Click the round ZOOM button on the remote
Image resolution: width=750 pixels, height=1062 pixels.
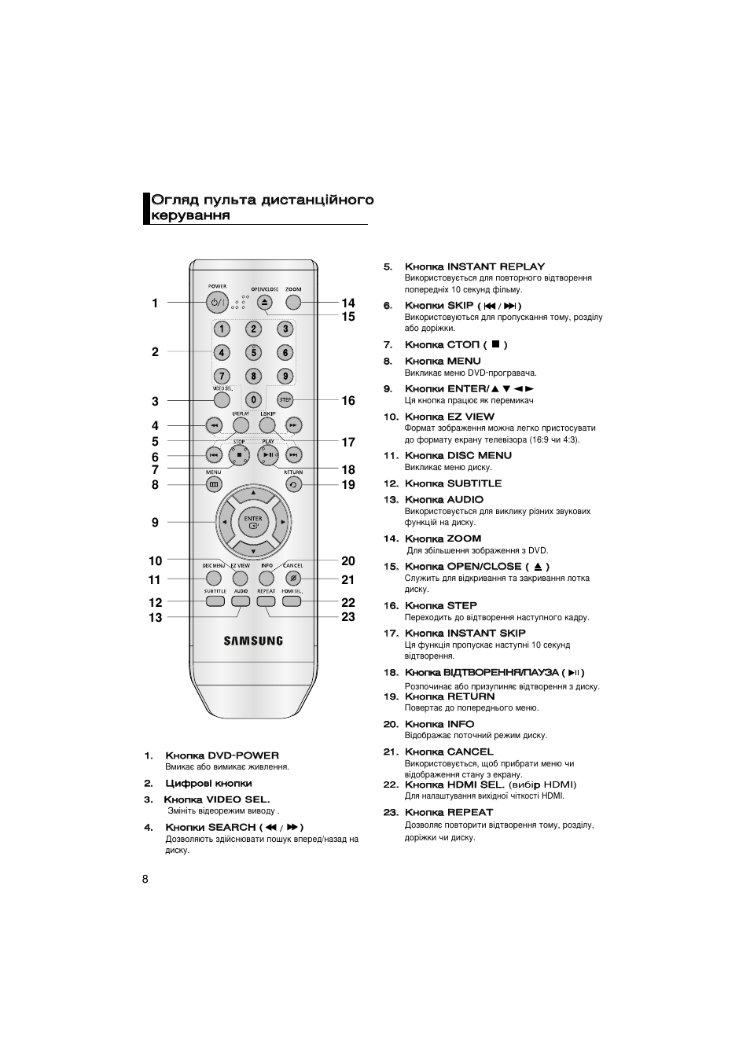click(x=293, y=302)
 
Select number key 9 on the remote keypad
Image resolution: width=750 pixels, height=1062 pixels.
click(x=285, y=377)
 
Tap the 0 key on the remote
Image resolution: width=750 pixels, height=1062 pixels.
click(x=253, y=400)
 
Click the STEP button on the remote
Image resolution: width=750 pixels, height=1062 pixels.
click(x=285, y=400)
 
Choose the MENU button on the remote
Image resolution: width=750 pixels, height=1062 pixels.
click(x=214, y=485)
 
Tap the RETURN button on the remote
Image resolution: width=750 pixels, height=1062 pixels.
click(x=293, y=485)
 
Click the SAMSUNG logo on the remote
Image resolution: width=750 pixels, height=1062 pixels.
click(x=253, y=641)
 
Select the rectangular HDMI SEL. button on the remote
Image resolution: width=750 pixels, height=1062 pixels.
click(x=292, y=601)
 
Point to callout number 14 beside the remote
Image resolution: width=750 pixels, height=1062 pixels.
click(x=348, y=303)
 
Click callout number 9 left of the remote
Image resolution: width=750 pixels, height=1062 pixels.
click(x=156, y=522)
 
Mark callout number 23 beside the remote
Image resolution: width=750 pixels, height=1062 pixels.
click(x=348, y=617)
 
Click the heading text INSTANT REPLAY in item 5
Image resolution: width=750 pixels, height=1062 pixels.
click(x=495, y=266)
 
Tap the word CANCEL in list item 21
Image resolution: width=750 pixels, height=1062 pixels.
click(x=470, y=752)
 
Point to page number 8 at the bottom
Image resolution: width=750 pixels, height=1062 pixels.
click(x=145, y=879)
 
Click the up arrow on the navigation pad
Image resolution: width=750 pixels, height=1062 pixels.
click(x=253, y=494)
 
